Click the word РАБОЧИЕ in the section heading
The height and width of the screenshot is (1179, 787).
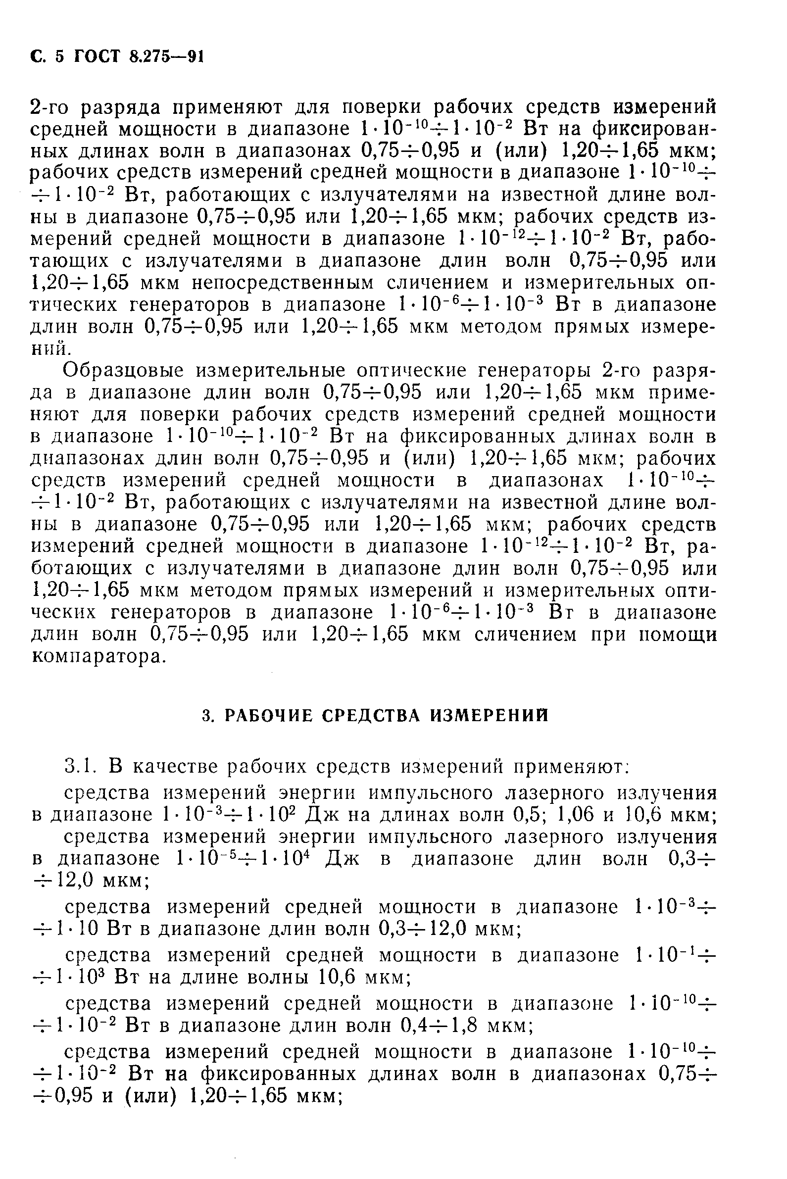(268, 715)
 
